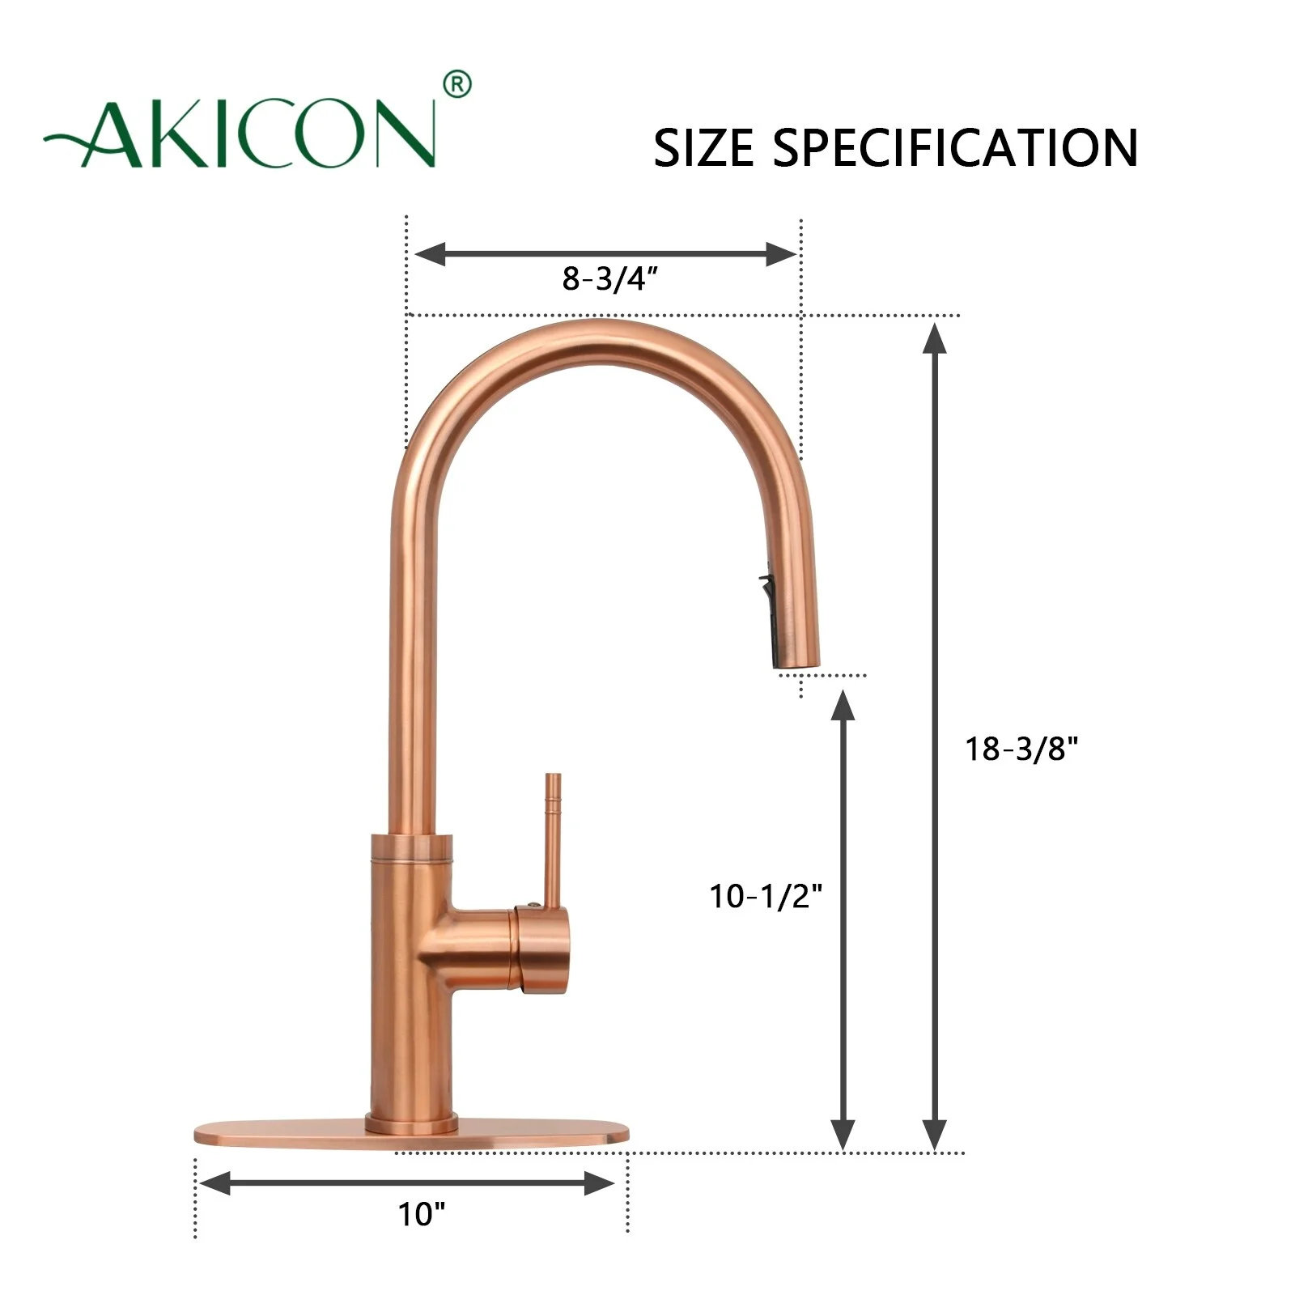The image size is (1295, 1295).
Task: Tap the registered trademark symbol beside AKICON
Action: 457,84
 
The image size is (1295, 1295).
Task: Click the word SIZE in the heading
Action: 703,148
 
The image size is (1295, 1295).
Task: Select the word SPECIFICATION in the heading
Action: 955,148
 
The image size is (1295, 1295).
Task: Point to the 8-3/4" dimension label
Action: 609,279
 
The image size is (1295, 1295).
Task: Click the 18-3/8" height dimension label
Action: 1021,749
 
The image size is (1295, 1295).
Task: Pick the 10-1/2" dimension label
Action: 766,896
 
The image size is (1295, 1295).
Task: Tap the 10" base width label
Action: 422,1214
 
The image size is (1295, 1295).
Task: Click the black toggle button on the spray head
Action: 764,583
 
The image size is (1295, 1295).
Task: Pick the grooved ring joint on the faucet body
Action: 411,847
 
